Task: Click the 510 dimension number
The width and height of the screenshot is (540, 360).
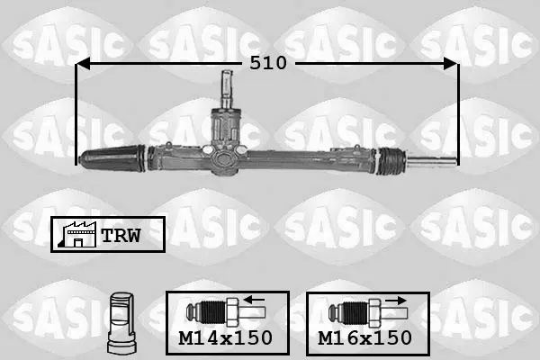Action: tap(268, 63)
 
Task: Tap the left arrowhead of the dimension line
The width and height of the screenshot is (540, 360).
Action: tap(83, 63)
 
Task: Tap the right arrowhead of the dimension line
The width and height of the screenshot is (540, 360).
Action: tap(451, 63)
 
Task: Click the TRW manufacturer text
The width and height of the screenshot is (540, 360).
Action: tap(121, 235)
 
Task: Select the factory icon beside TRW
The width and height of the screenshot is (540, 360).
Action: tap(77, 234)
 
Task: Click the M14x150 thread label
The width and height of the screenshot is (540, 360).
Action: tap(226, 338)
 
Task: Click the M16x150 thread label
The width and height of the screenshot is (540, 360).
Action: tap(365, 338)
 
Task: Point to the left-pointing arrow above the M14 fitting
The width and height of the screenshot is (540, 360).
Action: tap(254, 300)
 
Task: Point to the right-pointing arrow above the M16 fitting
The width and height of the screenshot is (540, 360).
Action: tap(396, 301)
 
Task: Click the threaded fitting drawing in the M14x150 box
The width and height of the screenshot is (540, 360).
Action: tap(226, 313)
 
